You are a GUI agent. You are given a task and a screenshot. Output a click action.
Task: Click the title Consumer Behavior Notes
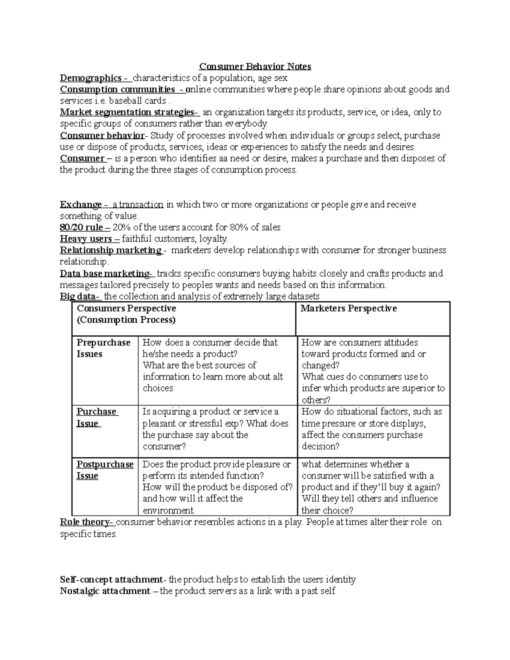click(255, 66)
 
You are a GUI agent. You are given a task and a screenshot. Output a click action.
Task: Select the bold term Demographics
click(91, 78)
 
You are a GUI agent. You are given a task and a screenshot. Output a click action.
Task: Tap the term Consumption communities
click(117, 89)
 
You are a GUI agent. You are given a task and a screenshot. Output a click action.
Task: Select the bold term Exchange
click(81, 204)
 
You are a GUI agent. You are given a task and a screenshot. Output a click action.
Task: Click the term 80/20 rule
click(81, 227)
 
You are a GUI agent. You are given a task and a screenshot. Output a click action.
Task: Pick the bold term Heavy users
click(86, 239)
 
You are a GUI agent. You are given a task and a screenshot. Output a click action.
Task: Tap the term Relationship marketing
click(110, 250)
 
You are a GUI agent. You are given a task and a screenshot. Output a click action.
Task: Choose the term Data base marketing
click(105, 273)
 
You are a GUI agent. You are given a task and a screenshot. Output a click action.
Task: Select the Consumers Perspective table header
click(126, 314)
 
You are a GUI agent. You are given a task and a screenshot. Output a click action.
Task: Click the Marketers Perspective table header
click(348, 309)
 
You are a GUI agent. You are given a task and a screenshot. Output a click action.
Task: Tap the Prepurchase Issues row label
click(103, 348)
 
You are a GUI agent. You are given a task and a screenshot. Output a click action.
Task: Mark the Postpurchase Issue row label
click(105, 470)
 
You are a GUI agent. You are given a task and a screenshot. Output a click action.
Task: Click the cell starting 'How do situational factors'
click(372, 429)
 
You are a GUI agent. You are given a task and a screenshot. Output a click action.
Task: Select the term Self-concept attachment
click(111, 579)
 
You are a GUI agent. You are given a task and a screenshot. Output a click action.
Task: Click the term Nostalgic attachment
click(105, 591)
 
